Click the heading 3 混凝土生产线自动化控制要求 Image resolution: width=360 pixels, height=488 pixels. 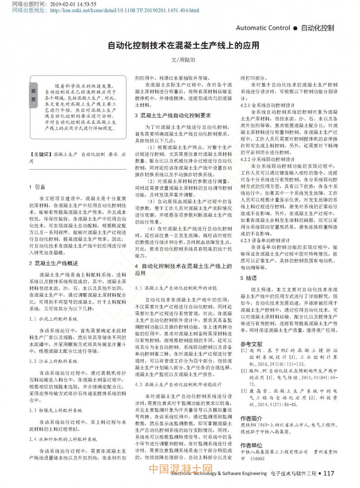(x=173, y=116)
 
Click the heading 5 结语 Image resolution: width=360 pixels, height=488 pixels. (x=248, y=278)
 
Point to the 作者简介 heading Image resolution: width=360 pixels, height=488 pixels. (x=251, y=417)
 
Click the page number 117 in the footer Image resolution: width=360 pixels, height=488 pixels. (x=329, y=473)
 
